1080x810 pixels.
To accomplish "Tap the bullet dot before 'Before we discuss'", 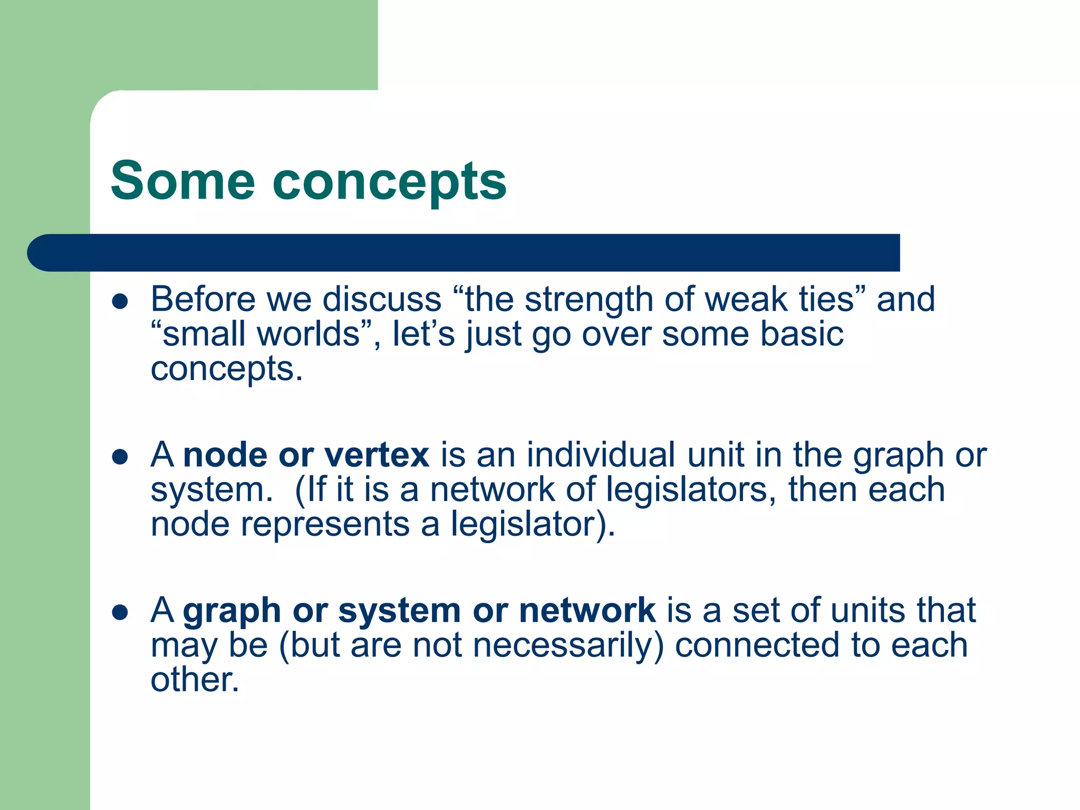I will pyautogui.click(x=120, y=302).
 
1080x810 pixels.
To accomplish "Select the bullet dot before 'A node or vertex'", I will pyautogui.click(x=120, y=457).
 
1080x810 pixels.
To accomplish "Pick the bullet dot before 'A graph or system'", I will pyautogui.click(x=120, y=612).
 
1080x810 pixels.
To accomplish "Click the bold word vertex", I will pyautogui.click(x=377, y=455).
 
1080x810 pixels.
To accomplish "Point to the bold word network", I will pyautogui.click(x=587, y=610).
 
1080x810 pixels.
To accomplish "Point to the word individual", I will pyautogui.click(x=601, y=455).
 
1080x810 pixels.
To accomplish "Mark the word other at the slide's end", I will pyautogui.click(x=194, y=680).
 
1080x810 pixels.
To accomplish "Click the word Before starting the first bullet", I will pyautogui.click(x=203, y=300).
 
